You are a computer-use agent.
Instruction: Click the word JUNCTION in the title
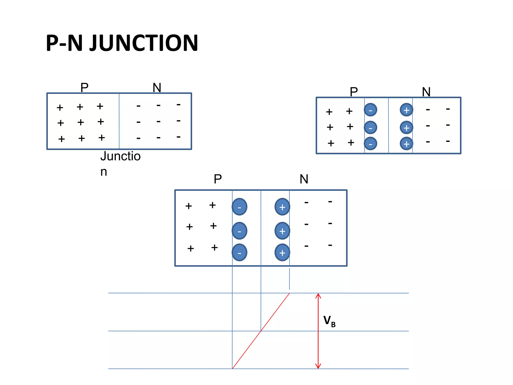coord(144,43)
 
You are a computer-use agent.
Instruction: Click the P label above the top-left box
coord(84,87)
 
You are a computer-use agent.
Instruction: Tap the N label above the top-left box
coord(157,87)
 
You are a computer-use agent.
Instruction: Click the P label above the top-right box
coord(354,92)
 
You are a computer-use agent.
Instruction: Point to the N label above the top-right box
coord(426,92)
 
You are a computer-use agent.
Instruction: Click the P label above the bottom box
coord(218,179)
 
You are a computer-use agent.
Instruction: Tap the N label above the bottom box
coord(304,179)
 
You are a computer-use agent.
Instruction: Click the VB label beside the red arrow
coord(329,321)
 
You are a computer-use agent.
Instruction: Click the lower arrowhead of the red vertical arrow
coord(318,366)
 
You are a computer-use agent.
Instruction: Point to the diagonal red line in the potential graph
coord(261,331)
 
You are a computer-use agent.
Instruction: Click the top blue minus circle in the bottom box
coord(239,207)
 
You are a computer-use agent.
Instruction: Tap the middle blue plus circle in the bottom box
coord(282,231)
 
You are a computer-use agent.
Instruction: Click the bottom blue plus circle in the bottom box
coord(282,253)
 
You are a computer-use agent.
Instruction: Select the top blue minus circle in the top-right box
coord(370,110)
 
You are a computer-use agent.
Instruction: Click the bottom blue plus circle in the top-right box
coord(406,144)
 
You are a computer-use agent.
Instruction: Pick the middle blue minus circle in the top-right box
coord(370,128)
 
